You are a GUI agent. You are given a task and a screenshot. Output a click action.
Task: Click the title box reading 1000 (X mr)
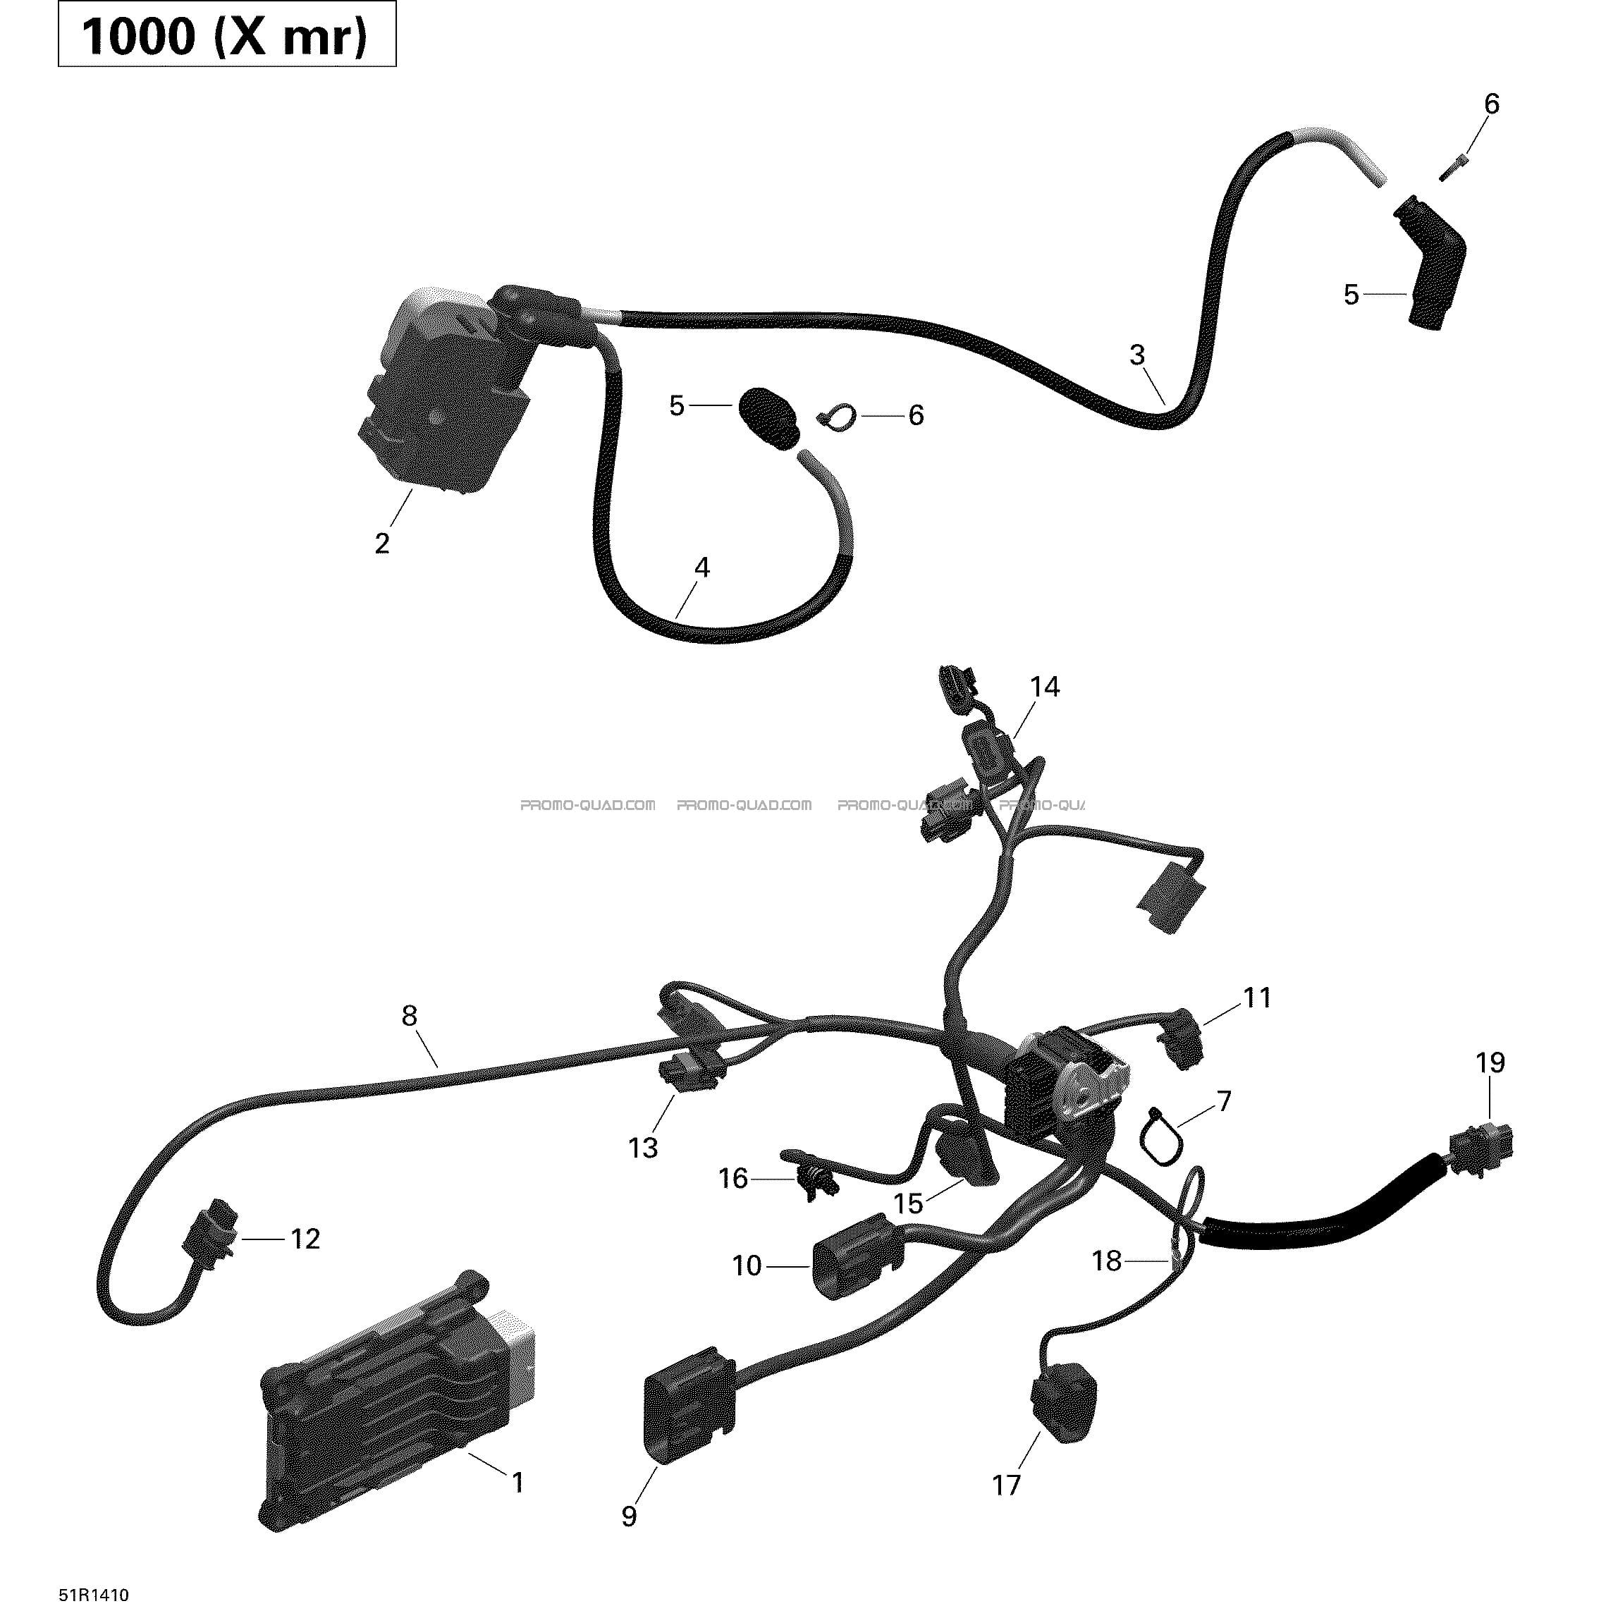[227, 34]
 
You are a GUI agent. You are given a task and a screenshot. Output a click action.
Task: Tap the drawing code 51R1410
[94, 1594]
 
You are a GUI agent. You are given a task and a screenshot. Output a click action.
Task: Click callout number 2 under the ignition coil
[381, 544]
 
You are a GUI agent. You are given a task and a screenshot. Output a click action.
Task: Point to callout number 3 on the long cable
[1137, 355]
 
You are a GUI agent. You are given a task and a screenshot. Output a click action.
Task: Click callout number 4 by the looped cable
[702, 568]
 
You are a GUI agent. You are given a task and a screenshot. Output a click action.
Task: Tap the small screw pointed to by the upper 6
[1454, 167]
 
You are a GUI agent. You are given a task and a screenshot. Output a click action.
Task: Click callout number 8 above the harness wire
[409, 1016]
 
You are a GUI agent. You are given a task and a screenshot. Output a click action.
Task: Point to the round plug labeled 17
[1064, 1402]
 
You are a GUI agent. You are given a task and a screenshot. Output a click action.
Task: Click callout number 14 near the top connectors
[1045, 687]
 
